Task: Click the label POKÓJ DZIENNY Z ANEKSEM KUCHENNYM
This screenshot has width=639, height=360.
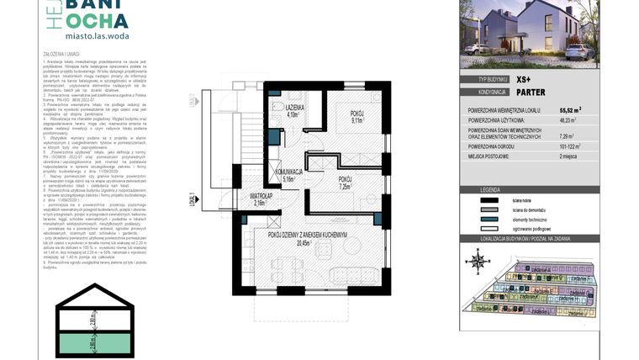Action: pos(309,235)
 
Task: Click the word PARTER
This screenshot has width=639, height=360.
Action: pos(532,92)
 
